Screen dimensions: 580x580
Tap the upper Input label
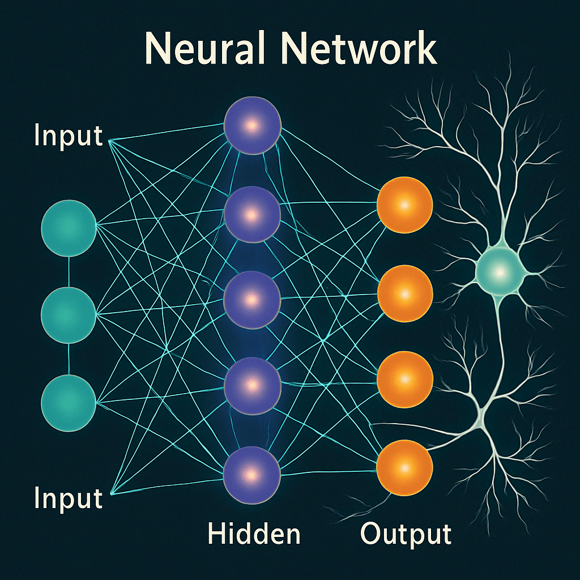(x=68, y=136)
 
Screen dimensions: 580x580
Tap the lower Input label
(x=68, y=498)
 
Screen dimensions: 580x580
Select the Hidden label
(x=254, y=534)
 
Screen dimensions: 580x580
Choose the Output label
(x=406, y=534)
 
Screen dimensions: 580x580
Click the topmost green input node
(x=69, y=227)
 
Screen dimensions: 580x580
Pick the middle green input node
(x=69, y=315)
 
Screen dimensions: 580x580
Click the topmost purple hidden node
(x=253, y=125)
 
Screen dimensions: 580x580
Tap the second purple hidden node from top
(x=253, y=215)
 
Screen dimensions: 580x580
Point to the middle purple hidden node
(x=253, y=299)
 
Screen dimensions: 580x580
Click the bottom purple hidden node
(x=253, y=471)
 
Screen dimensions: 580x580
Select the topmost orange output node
(x=405, y=206)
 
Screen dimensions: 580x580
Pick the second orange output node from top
(x=405, y=293)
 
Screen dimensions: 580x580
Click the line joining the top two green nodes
(x=69, y=271)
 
